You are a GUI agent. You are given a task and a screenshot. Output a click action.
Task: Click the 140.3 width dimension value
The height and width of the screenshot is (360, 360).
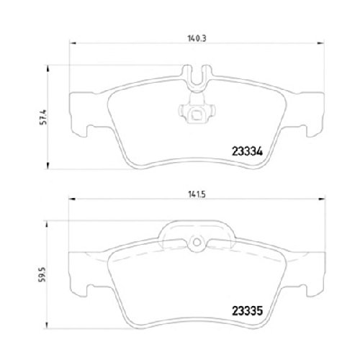(197, 38)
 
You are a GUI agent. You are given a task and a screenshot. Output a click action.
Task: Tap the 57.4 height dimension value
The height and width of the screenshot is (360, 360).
(44, 117)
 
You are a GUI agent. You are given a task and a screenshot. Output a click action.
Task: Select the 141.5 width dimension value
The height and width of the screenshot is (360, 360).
(197, 194)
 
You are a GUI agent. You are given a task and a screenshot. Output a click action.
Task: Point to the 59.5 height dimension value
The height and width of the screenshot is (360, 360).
(42, 274)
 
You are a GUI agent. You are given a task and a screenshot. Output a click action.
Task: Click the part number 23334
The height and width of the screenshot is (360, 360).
(247, 151)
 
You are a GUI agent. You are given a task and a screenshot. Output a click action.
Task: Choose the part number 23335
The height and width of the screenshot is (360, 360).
(247, 311)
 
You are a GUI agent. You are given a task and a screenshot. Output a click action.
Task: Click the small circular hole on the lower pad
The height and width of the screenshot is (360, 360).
(197, 243)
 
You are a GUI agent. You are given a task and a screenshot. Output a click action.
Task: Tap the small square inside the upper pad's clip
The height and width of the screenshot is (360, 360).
(197, 114)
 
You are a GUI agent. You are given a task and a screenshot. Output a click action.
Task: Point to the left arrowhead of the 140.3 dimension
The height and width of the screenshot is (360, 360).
(73, 43)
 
